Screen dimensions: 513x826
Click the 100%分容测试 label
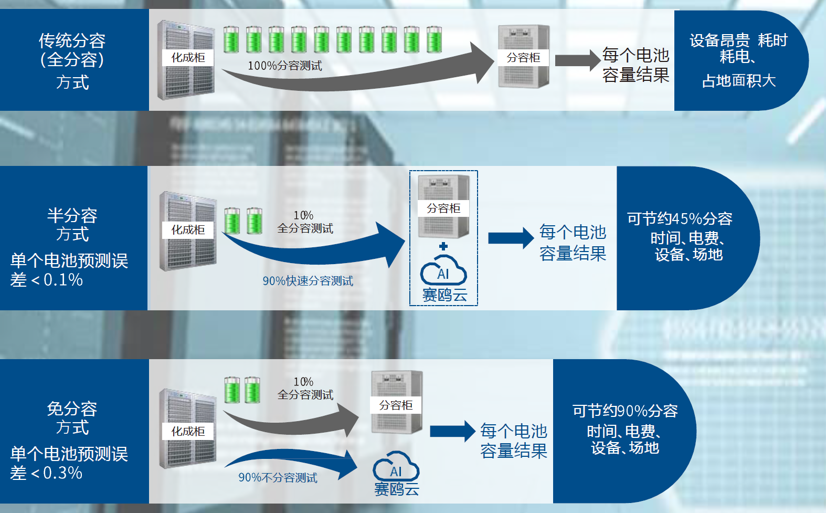tap(284, 66)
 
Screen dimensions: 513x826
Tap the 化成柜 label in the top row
tap(188, 58)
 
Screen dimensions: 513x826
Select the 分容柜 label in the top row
tap(523, 58)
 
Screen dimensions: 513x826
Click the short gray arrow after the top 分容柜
tap(577, 60)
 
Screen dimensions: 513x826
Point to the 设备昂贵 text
tap(719, 40)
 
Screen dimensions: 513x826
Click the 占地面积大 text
tap(738, 81)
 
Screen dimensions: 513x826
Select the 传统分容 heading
tap(72, 40)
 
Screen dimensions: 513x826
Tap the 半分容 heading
tap(72, 215)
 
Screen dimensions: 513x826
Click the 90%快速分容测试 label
tap(308, 281)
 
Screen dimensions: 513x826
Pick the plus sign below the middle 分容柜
tap(443, 246)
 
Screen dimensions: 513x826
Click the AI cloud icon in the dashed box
tap(443, 270)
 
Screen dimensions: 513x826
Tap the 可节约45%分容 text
tap(680, 218)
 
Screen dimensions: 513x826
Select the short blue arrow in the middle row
tap(510, 238)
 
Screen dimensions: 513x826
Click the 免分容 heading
tap(72, 409)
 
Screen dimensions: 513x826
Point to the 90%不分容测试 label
tap(278, 478)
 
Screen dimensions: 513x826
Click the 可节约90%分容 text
tap(625, 411)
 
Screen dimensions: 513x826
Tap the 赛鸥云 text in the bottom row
tap(396, 489)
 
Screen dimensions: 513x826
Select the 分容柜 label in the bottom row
tap(396, 405)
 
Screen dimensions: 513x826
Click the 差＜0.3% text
tap(46, 473)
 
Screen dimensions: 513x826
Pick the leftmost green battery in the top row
tap(231, 39)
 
